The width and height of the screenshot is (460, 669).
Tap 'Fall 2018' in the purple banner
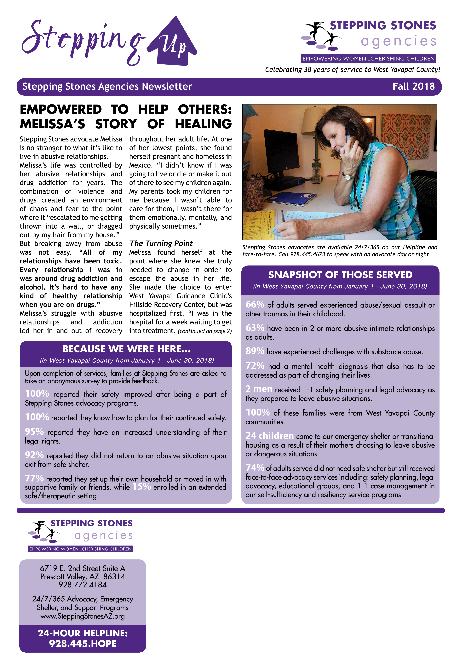[413, 86]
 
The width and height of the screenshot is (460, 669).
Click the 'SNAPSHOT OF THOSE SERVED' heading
[340, 275]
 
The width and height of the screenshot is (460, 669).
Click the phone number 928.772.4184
[83, 585]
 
